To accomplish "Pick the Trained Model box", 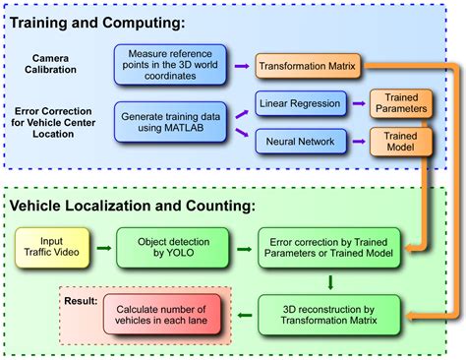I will click(400, 143).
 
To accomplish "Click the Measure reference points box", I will click(168, 64).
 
